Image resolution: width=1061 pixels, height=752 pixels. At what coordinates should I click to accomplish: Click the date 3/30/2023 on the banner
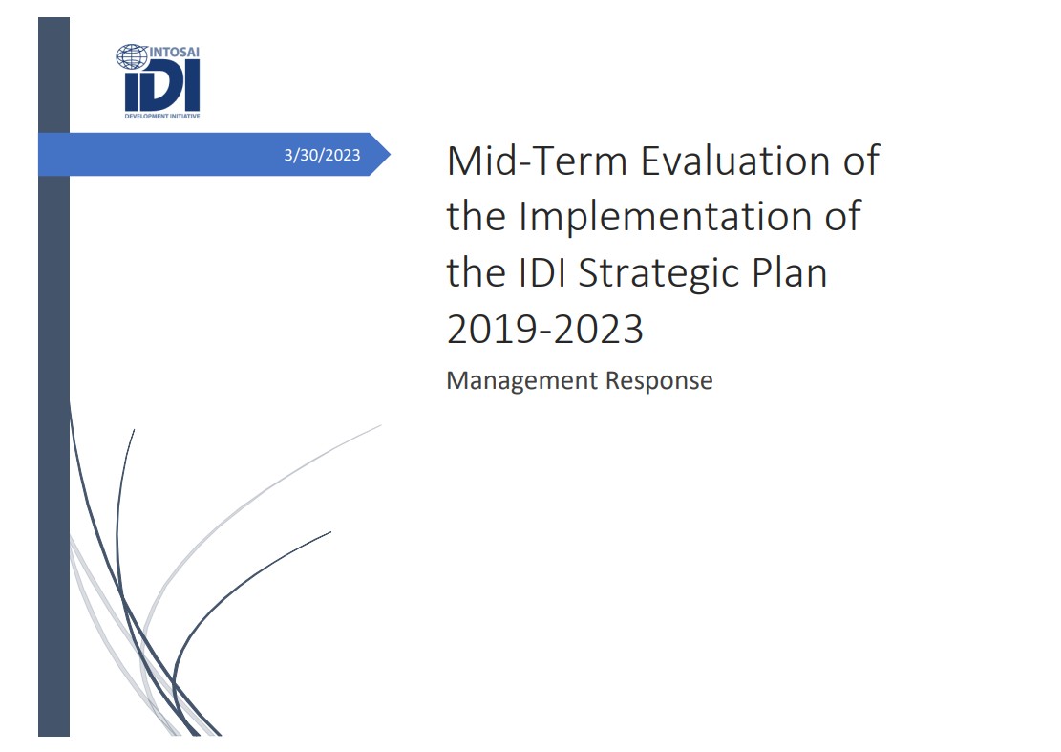click(323, 156)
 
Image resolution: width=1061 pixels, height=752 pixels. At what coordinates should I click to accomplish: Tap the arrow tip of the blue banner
click(386, 155)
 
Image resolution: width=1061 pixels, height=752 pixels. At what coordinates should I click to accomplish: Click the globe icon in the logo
click(131, 56)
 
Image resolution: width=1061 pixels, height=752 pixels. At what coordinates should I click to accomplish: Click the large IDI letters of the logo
click(161, 88)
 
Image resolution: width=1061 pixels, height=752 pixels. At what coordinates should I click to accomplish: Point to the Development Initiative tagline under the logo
click(161, 114)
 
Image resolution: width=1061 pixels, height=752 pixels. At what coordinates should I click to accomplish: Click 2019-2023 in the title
click(544, 330)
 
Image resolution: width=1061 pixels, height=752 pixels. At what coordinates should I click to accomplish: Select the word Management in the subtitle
click(522, 380)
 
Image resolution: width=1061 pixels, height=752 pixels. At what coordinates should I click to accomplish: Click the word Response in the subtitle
click(660, 380)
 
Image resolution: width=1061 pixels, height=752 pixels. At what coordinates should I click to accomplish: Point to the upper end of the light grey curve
click(379, 426)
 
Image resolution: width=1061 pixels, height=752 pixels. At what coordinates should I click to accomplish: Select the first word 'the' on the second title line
click(476, 217)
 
